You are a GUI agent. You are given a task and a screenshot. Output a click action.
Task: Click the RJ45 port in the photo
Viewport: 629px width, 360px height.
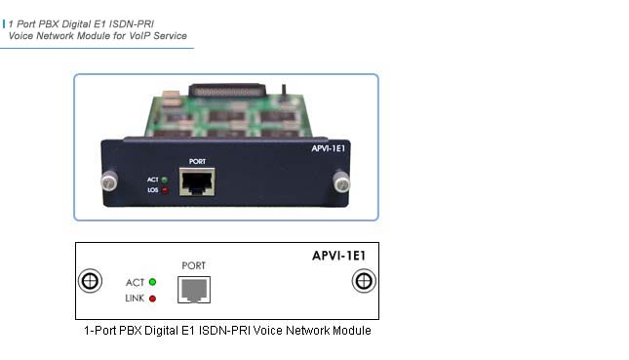pos(198,182)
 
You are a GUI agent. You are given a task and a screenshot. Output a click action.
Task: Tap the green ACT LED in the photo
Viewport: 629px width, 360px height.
pos(165,180)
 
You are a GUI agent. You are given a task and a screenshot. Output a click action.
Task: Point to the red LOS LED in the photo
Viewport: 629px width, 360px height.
pos(165,190)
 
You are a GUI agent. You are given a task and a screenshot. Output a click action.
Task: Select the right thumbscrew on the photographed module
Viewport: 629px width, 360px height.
pos(341,180)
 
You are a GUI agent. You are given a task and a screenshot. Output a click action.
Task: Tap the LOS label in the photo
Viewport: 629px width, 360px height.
pos(152,190)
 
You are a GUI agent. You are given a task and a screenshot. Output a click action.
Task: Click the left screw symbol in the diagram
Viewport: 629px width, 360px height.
pos(90,281)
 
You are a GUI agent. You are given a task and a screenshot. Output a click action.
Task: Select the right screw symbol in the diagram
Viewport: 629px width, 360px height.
pos(364,281)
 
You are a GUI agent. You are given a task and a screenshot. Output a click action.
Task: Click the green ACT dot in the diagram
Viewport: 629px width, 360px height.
pos(152,283)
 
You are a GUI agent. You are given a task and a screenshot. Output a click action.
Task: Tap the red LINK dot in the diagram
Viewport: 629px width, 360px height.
pos(152,298)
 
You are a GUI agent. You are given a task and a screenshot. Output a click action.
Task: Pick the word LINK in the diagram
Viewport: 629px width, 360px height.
pos(135,298)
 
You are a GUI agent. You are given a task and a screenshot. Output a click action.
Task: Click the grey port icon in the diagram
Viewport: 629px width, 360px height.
pos(193,290)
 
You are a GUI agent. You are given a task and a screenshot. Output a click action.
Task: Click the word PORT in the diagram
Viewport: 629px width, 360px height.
pos(194,265)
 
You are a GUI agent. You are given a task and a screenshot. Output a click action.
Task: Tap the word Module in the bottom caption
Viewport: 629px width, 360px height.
pos(351,331)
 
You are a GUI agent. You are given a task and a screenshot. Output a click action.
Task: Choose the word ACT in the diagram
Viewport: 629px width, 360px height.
pos(135,283)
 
